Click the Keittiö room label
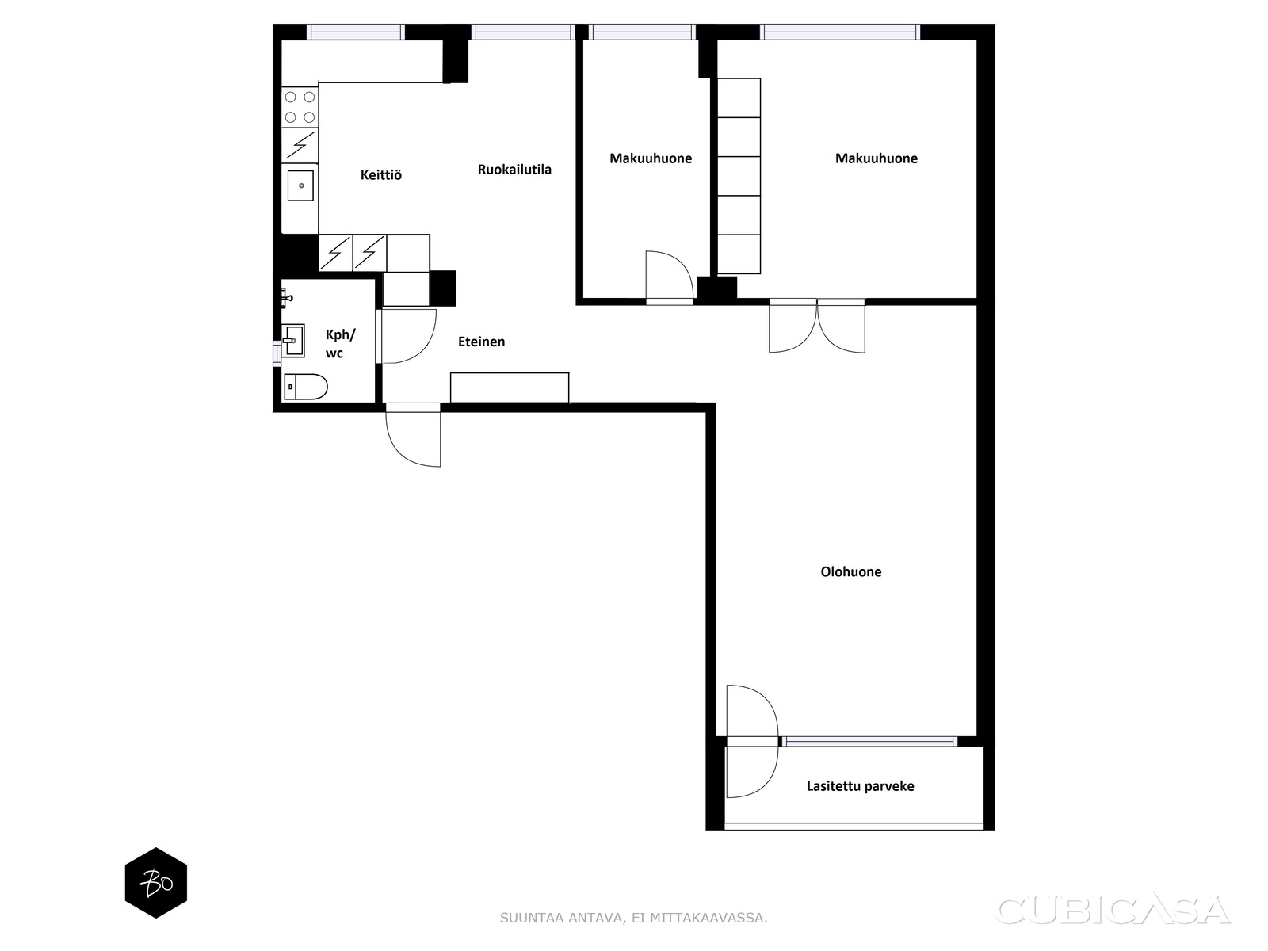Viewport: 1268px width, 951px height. click(x=380, y=174)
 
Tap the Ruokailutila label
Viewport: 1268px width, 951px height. click(x=514, y=169)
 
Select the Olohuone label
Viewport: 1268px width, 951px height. click(x=850, y=571)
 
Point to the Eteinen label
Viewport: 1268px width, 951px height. click(x=481, y=342)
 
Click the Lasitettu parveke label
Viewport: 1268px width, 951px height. click(x=860, y=786)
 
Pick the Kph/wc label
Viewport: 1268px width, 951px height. click(x=340, y=344)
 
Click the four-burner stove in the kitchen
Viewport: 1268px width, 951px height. click(x=300, y=108)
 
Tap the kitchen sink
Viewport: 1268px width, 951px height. click(x=300, y=185)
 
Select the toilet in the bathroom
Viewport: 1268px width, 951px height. click(x=306, y=386)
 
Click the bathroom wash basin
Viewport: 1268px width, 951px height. click(x=293, y=341)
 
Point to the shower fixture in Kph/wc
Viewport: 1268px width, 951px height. click(x=287, y=298)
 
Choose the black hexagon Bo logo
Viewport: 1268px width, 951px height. click(x=156, y=883)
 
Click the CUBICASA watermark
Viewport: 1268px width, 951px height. click(x=1113, y=910)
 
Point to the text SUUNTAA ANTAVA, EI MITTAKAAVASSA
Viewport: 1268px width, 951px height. click(x=633, y=918)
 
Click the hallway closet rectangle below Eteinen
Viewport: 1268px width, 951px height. click(x=510, y=388)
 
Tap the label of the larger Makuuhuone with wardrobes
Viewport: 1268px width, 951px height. click(x=876, y=158)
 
